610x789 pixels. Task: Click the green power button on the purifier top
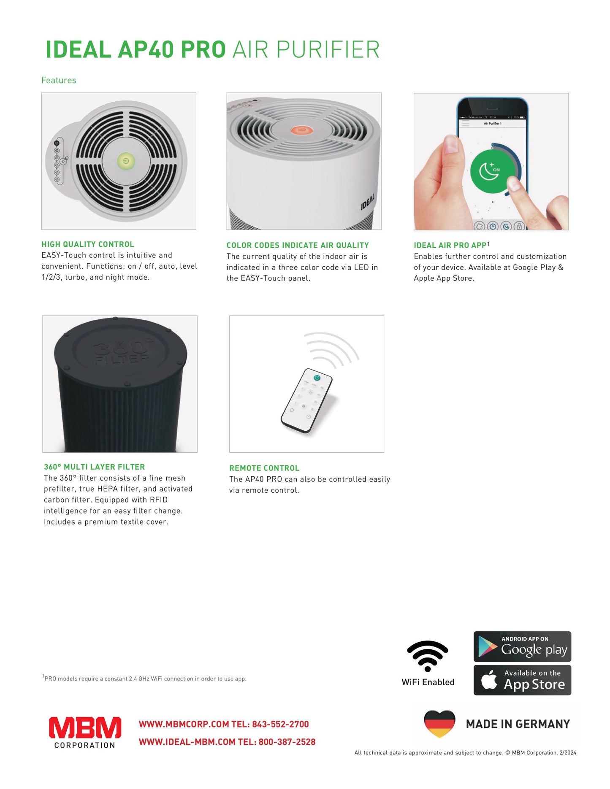[x=126, y=161]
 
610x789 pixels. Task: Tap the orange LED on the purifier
[x=301, y=130]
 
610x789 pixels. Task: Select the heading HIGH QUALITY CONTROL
[x=88, y=244]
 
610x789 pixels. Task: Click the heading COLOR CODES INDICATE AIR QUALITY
[x=298, y=245]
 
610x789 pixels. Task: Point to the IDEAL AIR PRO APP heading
[x=450, y=245]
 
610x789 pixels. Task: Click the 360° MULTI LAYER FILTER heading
[x=94, y=467]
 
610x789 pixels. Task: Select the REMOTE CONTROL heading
[x=264, y=468]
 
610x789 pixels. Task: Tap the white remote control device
[x=307, y=400]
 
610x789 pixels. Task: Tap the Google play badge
[x=522, y=647]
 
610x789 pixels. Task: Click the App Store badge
[x=522, y=680]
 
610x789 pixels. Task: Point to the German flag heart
[x=439, y=723]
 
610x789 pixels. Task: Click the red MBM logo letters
[x=85, y=728]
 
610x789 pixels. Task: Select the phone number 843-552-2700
[x=280, y=724]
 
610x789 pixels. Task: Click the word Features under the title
[x=59, y=80]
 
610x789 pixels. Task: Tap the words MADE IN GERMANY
[x=518, y=724]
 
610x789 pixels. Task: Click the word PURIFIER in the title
[x=328, y=50]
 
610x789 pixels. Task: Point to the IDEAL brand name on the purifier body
[x=367, y=202]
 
